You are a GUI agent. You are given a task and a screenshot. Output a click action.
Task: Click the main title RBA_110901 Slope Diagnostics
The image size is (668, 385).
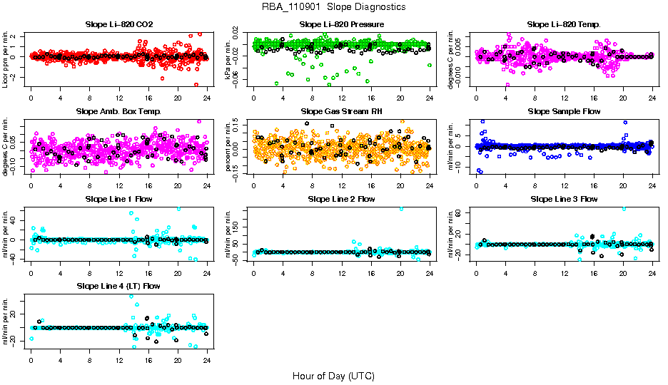coord(333,6)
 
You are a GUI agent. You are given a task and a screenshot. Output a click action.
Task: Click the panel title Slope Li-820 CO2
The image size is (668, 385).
coord(118,24)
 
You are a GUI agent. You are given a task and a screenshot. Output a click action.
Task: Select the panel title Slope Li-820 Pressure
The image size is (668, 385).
coord(341,24)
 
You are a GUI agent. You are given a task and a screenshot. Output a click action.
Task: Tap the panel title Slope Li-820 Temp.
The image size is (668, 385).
coord(564,24)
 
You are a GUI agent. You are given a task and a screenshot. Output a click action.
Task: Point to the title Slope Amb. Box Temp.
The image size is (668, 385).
coord(118,111)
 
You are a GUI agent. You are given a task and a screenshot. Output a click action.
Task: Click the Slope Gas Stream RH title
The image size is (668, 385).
coord(341,111)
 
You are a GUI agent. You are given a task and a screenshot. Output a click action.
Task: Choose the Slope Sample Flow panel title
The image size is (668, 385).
coord(564,111)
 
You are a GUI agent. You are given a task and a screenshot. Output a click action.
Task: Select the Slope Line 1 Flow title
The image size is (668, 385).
coord(118,198)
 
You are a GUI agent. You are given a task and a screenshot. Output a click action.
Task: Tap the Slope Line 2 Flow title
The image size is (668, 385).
coord(341,198)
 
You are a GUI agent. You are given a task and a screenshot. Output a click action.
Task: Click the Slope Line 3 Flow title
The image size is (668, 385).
coord(564,198)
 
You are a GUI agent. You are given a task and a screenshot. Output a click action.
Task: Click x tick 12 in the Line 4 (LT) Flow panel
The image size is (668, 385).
coord(119,360)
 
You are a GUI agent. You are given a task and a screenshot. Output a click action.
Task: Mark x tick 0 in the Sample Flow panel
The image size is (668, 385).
coord(476,186)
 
